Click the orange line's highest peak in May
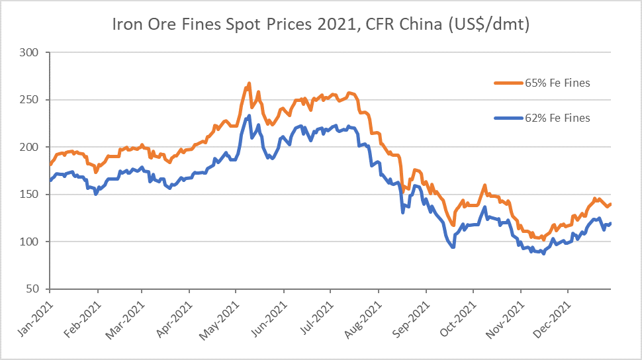pos(249,83)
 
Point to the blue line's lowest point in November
pos(544,253)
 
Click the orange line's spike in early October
pos(485,185)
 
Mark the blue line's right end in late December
pos(610,223)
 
